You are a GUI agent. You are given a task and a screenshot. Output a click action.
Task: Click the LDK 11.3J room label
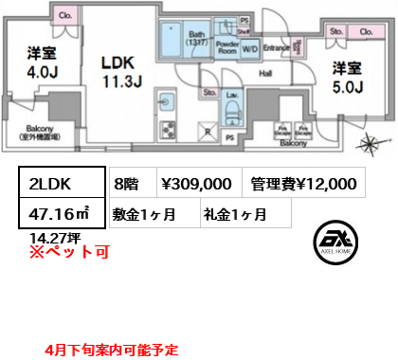click(x=120, y=69)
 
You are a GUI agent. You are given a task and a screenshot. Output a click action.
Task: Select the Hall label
click(x=266, y=73)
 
